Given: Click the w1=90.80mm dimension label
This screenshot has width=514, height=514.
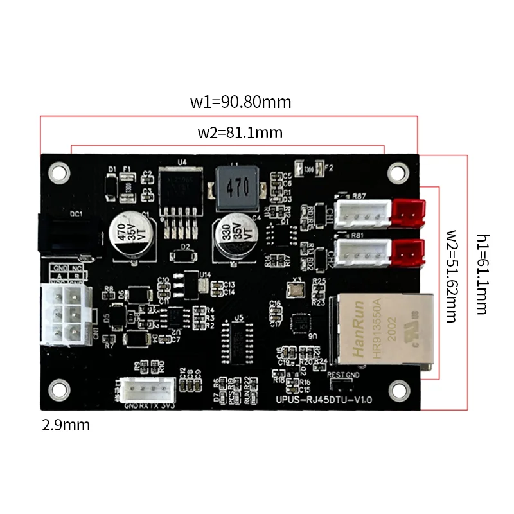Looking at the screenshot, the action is [240, 102].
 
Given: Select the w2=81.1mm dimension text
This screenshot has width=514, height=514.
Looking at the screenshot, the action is [240, 133].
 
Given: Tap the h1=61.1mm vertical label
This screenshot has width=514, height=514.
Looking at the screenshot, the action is [482, 273].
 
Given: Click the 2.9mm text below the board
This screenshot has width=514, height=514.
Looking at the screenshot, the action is [66, 425].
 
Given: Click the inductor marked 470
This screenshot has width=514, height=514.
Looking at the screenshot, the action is [237, 188].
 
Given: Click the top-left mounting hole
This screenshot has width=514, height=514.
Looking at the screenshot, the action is [60, 172].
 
